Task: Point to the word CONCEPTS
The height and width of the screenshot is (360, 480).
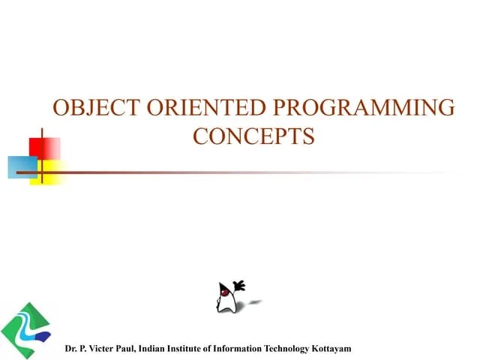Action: coord(253,136)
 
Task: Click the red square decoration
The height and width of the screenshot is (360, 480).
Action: coord(44,148)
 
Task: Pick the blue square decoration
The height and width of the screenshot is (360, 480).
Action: coord(22,166)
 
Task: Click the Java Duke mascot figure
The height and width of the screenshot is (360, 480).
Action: coord(228,298)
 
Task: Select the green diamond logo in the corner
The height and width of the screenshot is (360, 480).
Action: coord(26,330)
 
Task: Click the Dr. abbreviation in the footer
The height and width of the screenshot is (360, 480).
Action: coord(70,349)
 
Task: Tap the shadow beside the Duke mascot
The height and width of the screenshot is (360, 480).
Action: coord(255,301)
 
